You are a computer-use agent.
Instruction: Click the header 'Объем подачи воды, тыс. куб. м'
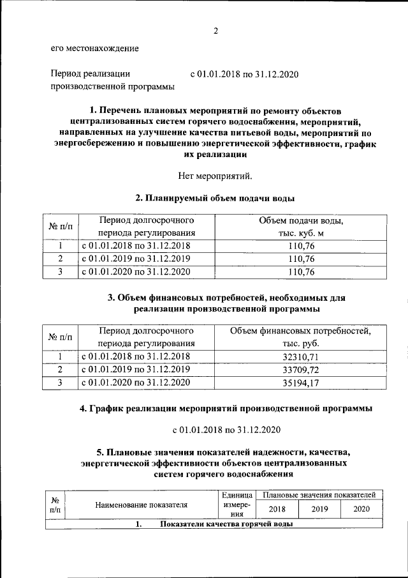click(x=301, y=227)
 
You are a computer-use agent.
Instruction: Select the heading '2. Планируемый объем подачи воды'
click(x=216, y=197)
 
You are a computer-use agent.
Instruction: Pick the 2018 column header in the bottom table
click(x=277, y=509)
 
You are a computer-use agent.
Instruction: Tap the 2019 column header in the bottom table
click(x=319, y=509)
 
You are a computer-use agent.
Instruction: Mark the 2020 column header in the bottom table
click(x=361, y=509)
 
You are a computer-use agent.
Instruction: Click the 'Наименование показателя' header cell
click(x=142, y=505)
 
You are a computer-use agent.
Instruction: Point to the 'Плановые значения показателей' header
click(x=318, y=495)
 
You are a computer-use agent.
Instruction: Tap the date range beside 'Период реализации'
click(x=245, y=74)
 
